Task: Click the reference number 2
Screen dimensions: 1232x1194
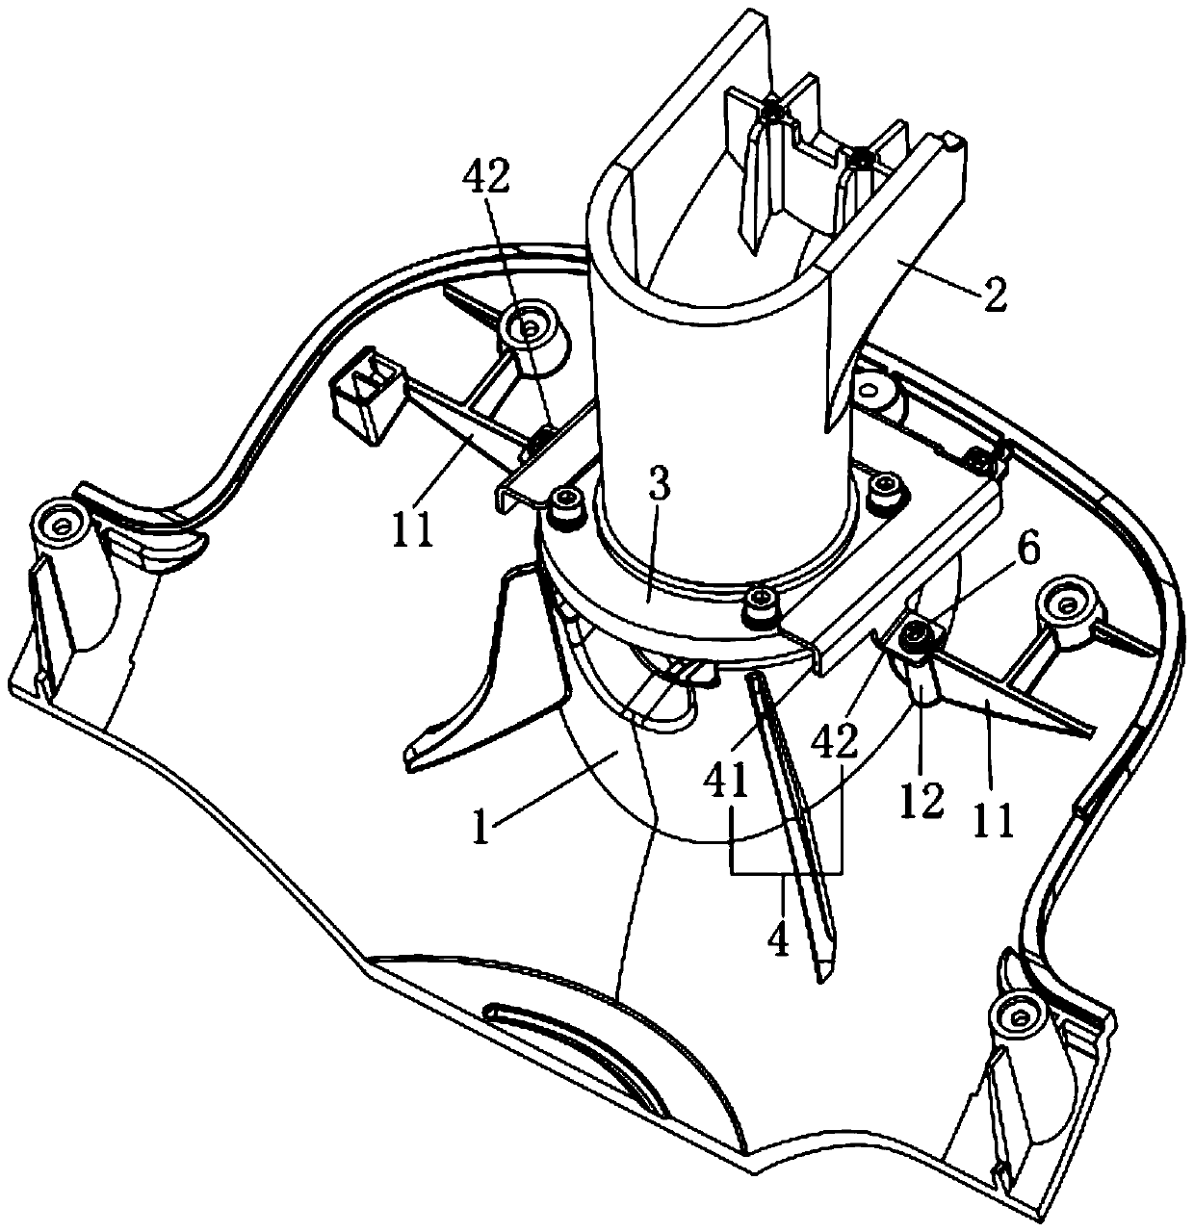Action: (x=995, y=295)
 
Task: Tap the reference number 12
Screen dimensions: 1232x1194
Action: (x=921, y=801)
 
